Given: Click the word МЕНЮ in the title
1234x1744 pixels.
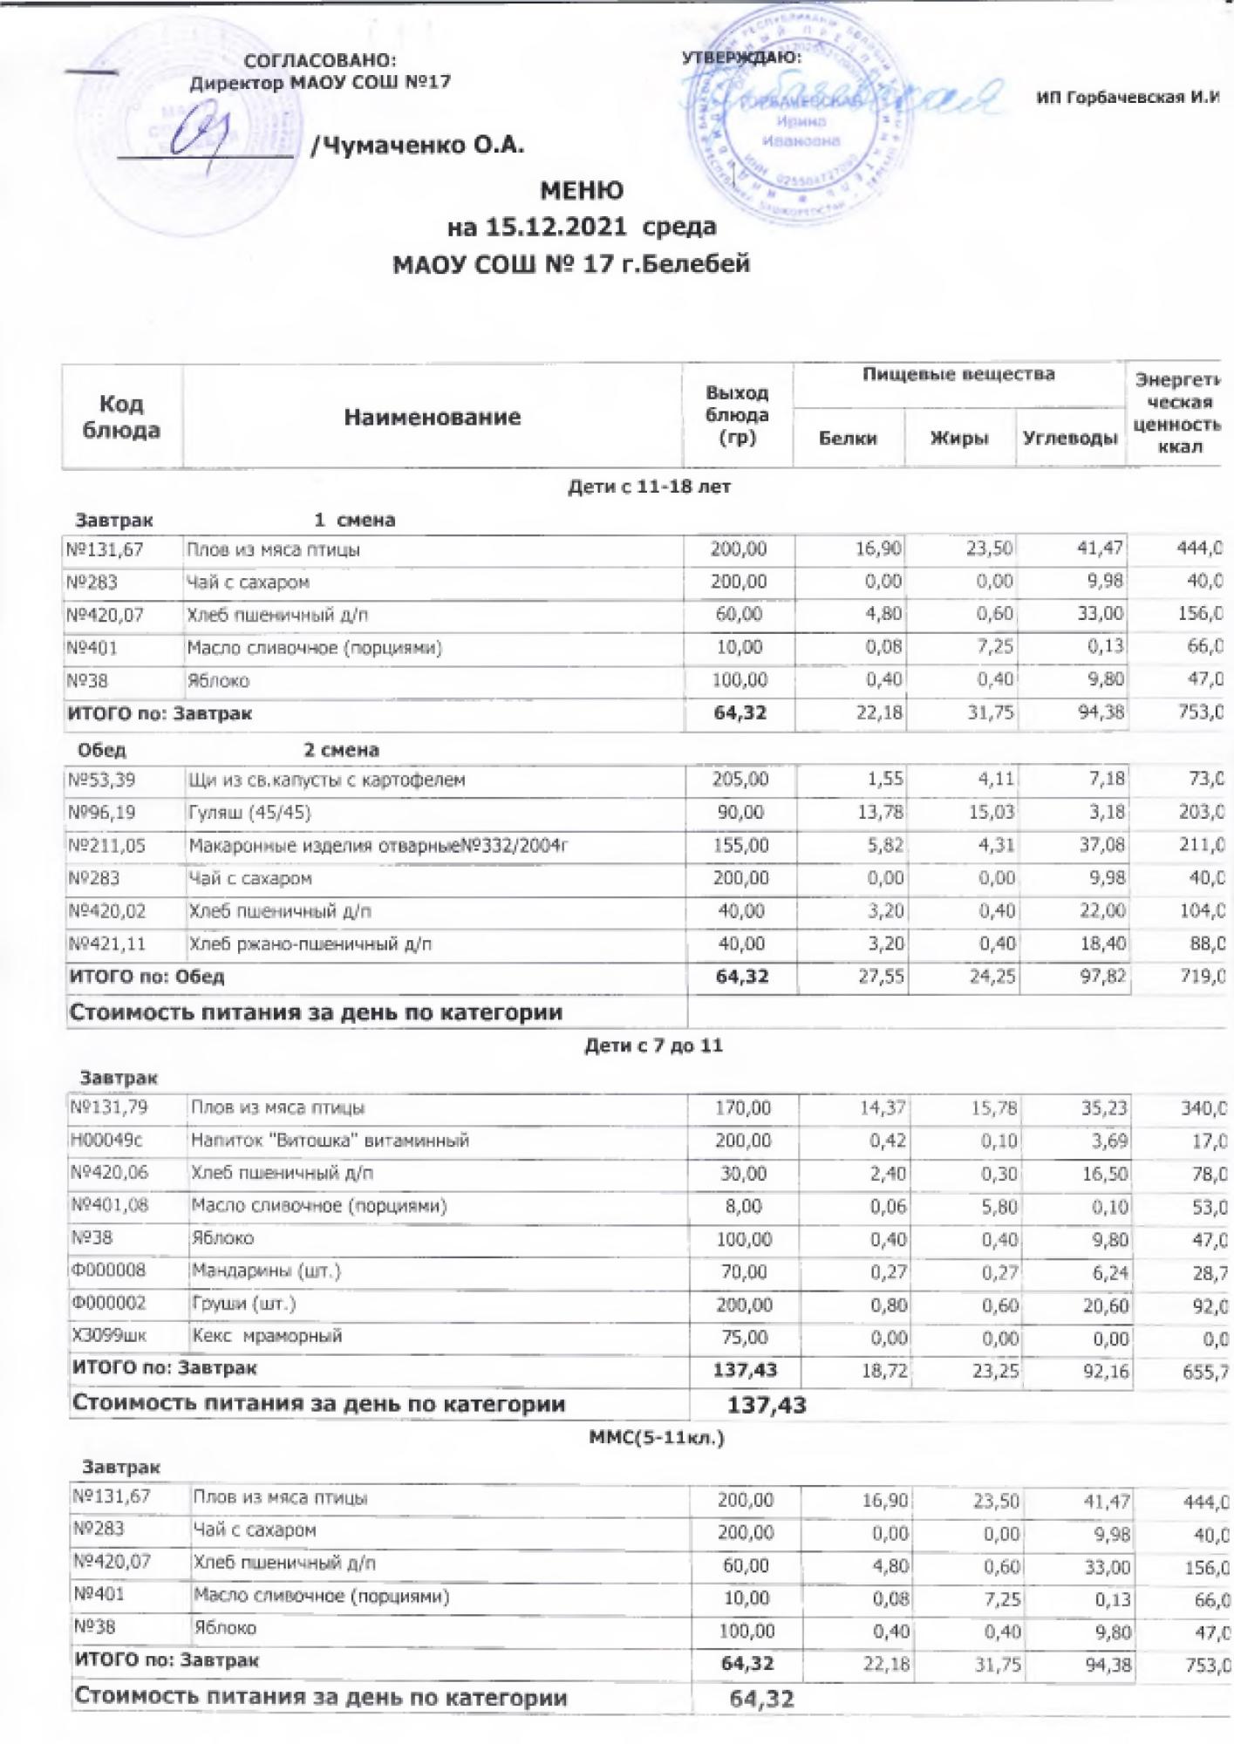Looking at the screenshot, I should coord(582,190).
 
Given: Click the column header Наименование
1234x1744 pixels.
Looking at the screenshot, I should coord(432,417).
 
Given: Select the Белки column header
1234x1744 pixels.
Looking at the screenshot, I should coord(848,439).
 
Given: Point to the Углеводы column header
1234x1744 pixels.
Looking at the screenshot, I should coord(1069,439).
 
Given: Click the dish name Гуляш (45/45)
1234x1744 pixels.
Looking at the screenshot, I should coord(249,813).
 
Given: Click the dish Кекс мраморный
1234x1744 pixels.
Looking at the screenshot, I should coord(267,1336).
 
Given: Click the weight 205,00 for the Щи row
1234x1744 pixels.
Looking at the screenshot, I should coord(740,780).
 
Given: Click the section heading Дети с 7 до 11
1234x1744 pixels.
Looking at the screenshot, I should coord(652,1045).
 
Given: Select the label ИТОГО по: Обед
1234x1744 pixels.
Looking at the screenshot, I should coord(147,977).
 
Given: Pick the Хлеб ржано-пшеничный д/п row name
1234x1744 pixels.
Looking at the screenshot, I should coord(310,944).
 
